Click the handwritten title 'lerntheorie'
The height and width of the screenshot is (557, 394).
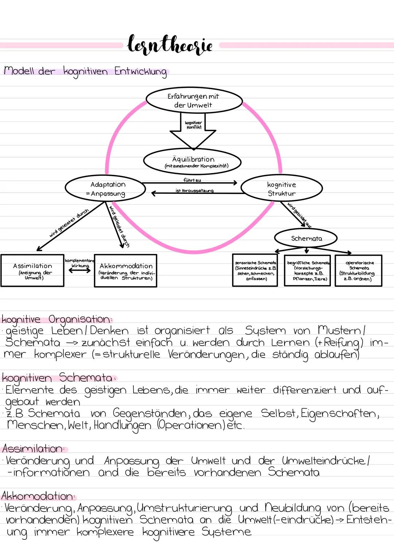170,46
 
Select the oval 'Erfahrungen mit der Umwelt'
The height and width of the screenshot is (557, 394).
194,101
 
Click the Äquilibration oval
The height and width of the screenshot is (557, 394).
193,162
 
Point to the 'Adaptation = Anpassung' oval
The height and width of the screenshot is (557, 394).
105,189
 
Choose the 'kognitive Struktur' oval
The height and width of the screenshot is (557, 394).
282,189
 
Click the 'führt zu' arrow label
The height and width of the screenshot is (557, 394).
192,180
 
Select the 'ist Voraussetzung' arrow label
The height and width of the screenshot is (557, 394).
194,191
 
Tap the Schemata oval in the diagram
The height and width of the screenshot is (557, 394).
306,239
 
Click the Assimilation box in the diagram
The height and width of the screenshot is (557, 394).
32,271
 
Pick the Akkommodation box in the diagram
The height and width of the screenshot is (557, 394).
125,271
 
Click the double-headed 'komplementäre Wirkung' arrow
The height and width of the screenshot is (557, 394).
80,271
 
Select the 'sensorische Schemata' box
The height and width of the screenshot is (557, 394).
255,271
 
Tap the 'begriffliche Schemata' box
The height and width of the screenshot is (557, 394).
307,271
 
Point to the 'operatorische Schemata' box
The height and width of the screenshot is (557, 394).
358,271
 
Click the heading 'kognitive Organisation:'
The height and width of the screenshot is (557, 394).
57,319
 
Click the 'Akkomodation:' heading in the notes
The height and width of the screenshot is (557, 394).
38,496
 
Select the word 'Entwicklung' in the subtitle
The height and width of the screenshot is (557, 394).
140,71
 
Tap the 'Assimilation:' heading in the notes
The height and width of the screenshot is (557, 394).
34,448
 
